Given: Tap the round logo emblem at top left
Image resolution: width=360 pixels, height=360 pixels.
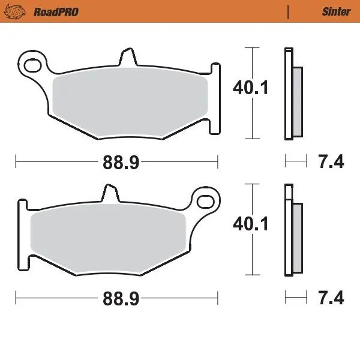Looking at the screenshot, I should (x=17, y=11).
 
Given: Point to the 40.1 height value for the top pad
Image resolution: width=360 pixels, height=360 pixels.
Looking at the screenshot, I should (x=250, y=88).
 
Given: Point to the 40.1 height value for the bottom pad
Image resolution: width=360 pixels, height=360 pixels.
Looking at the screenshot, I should (x=250, y=224).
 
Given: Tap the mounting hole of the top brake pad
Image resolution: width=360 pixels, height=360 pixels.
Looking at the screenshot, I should (x=32, y=62).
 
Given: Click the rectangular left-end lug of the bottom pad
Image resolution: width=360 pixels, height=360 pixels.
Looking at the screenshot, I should (x=22, y=234).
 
